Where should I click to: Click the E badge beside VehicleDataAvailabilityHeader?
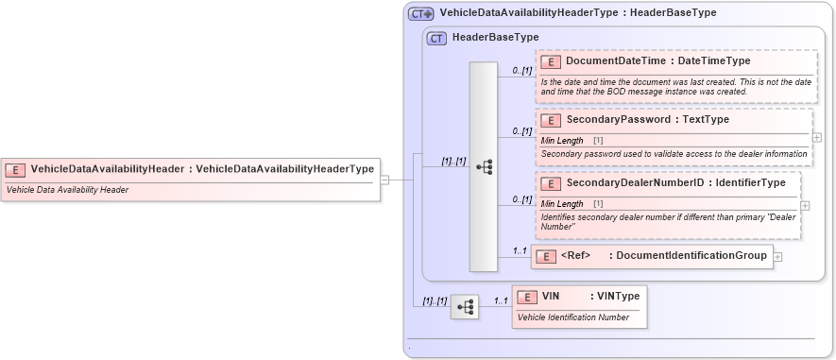[15, 169]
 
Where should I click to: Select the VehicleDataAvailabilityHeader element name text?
[109, 169]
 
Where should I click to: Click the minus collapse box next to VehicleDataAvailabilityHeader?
[385, 180]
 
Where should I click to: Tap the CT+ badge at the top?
[420, 13]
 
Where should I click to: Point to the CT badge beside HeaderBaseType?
[436, 38]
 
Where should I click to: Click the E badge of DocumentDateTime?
[551, 61]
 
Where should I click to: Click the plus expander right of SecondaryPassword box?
[817, 137]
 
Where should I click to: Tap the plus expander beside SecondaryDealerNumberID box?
[805, 205]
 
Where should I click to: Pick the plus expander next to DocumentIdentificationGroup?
[777, 256]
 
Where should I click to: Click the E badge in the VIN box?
[531, 297]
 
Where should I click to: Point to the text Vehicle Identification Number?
[573, 317]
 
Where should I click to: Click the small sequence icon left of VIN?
[464, 306]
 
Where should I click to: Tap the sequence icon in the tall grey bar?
[484, 167]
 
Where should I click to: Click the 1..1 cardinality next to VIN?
[501, 300]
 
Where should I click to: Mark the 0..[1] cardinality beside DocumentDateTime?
[522, 70]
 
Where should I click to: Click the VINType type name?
[618, 297]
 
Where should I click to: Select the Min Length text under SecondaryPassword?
[563, 140]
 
